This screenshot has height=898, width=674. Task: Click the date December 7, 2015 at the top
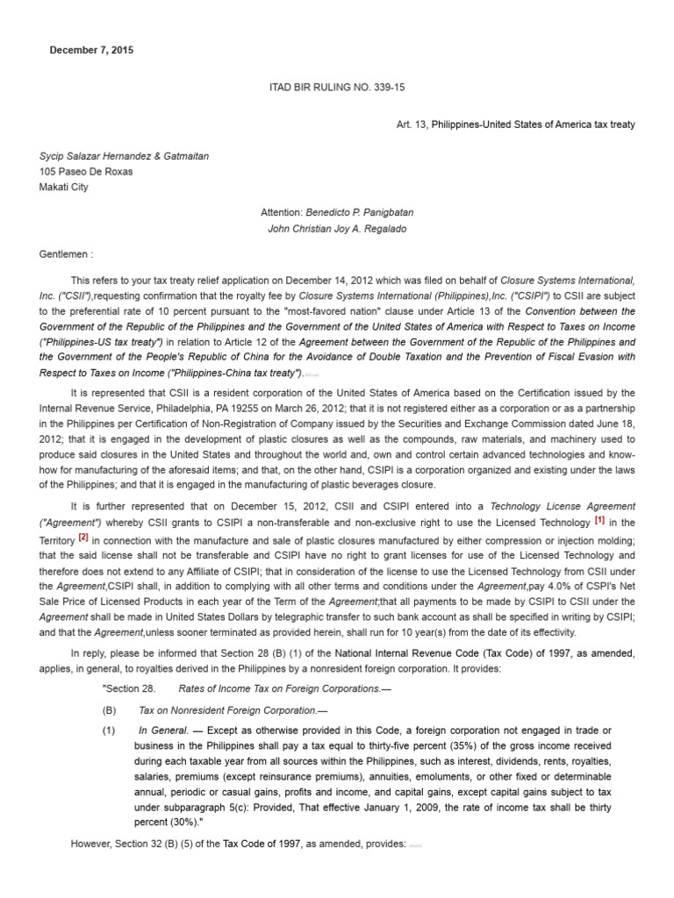tap(91, 50)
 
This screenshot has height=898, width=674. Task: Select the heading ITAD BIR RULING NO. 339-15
tap(336, 88)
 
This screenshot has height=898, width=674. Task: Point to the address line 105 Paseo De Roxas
tap(86, 172)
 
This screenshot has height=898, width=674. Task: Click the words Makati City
tap(63, 187)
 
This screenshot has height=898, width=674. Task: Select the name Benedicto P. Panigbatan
tap(359, 213)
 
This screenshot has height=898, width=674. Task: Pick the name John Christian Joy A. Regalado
tap(336, 229)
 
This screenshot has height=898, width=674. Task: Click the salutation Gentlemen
tap(64, 254)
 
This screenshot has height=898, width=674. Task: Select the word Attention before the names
tap(281, 213)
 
